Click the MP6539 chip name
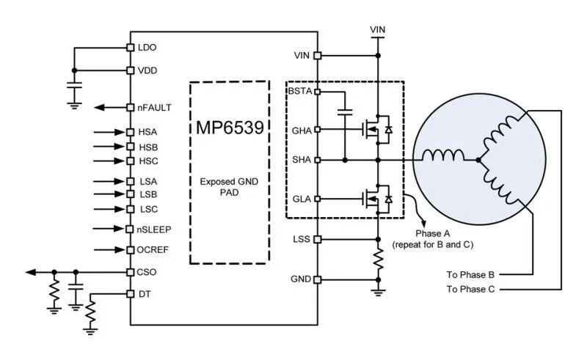[x=230, y=127]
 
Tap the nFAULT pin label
[x=154, y=107]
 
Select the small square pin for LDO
[x=131, y=48]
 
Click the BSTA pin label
[x=301, y=91]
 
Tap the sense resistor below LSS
[x=379, y=258]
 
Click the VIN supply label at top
[x=378, y=29]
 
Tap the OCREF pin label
[x=153, y=250]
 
